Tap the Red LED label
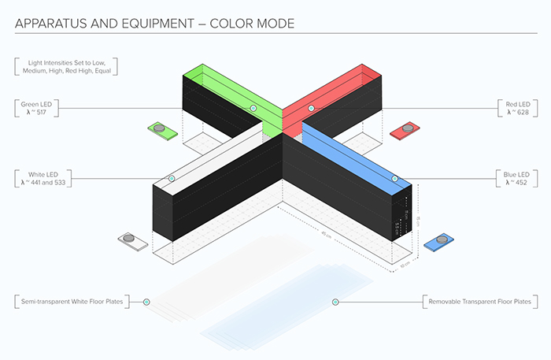[514, 108]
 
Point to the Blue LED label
[516, 177]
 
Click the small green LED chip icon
[160, 128]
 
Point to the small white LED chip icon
[131, 239]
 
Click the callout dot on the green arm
[253, 108]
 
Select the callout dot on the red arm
[312, 108]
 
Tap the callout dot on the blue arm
[395, 180]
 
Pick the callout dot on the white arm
[172, 180]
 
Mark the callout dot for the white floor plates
[146, 302]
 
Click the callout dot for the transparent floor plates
[335, 302]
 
